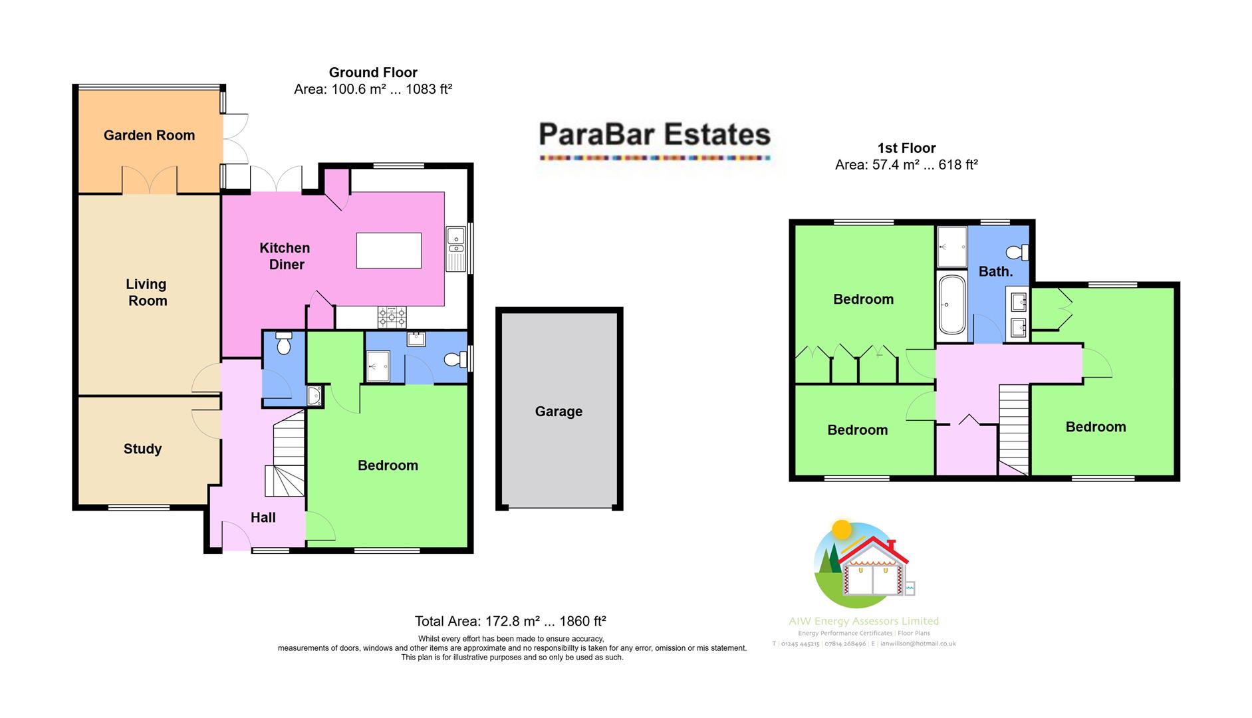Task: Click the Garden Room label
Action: [149, 136]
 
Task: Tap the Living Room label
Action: [147, 293]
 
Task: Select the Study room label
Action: [142, 449]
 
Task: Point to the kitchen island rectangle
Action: [388, 251]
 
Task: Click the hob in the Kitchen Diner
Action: [392, 316]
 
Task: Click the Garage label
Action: [559, 412]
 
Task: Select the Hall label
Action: [263, 517]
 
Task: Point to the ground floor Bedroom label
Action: [388, 465]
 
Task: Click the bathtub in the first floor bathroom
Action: [951, 305]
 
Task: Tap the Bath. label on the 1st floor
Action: [995, 271]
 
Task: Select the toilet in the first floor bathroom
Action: [1017, 253]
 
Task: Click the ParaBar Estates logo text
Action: [654, 134]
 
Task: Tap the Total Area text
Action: [510, 622]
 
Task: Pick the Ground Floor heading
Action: [373, 72]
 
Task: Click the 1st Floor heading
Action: [906, 148]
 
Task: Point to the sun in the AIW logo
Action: [842, 529]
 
